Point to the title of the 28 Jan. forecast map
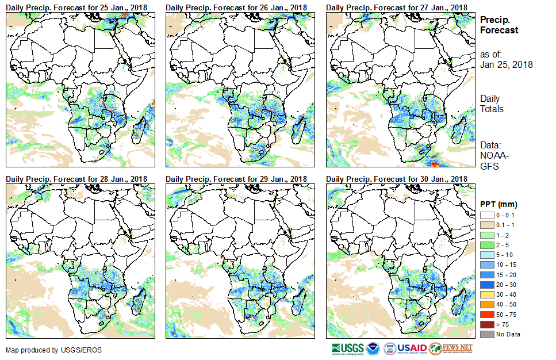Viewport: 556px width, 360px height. [x=76, y=179]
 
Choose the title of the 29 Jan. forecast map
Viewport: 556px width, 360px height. [x=236, y=179]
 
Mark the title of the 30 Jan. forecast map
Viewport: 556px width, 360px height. [x=396, y=179]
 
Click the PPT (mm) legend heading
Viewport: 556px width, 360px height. [x=499, y=204]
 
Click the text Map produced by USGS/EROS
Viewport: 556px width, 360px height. [x=47, y=350]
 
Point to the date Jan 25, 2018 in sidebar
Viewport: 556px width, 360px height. [x=506, y=64]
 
